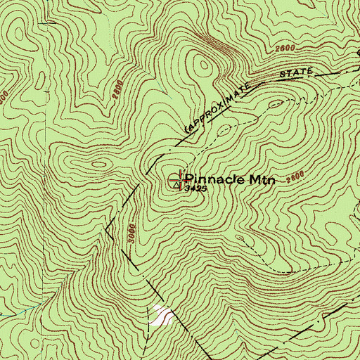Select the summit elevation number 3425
(196, 190)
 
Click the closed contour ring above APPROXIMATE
(205, 67)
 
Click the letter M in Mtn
(251, 180)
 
